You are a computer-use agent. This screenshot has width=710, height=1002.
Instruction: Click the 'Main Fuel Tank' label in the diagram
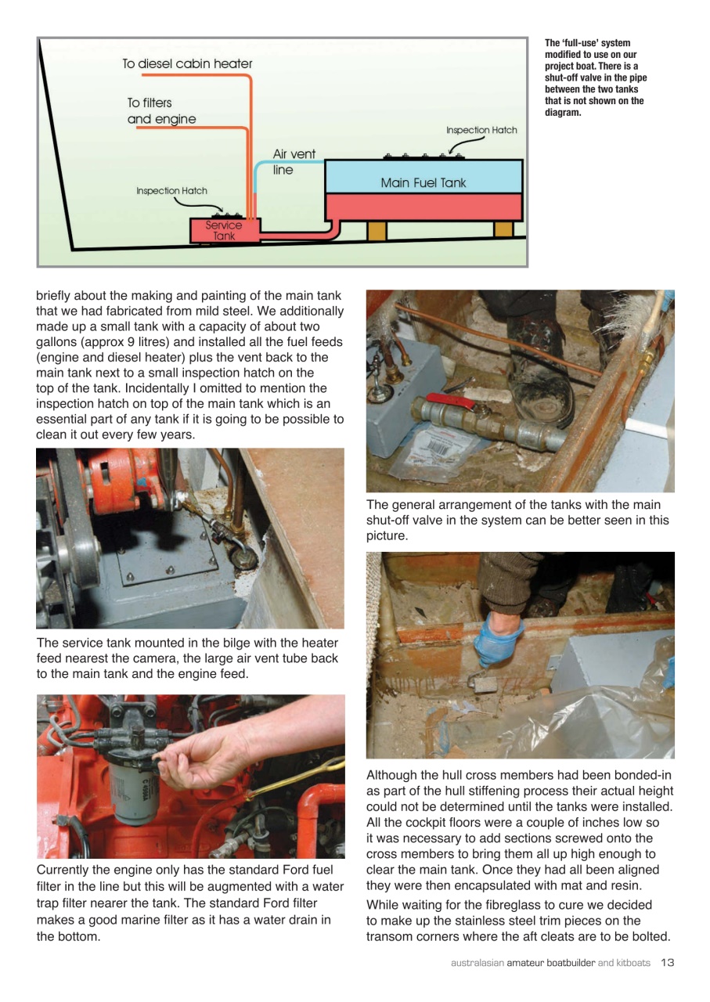[x=423, y=183]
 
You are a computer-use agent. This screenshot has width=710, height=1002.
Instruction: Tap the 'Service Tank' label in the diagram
[x=223, y=231]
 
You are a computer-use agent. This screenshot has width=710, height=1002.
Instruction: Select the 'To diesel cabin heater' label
[x=187, y=64]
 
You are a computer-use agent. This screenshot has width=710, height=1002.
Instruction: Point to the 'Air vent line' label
[x=294, y=162]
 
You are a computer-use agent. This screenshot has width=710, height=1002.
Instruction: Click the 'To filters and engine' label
[x=161, y=111]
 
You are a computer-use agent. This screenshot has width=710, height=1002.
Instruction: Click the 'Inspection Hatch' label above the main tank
[x=481, y=130]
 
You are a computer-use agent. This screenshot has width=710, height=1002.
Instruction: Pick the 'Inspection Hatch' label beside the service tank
[x=171, y=191]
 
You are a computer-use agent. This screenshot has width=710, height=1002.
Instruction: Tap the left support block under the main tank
[x=377, y=230]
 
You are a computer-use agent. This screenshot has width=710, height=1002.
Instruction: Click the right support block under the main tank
[x=503, y=229]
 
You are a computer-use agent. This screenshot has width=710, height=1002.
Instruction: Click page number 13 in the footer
[x=667, y=962]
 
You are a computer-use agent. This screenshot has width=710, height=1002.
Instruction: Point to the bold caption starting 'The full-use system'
[x=596, y=77]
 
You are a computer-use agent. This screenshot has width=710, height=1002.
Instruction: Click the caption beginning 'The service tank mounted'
[x=187, y=658]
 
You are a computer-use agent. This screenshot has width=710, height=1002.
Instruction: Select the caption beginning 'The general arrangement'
[x=517, y=520]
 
